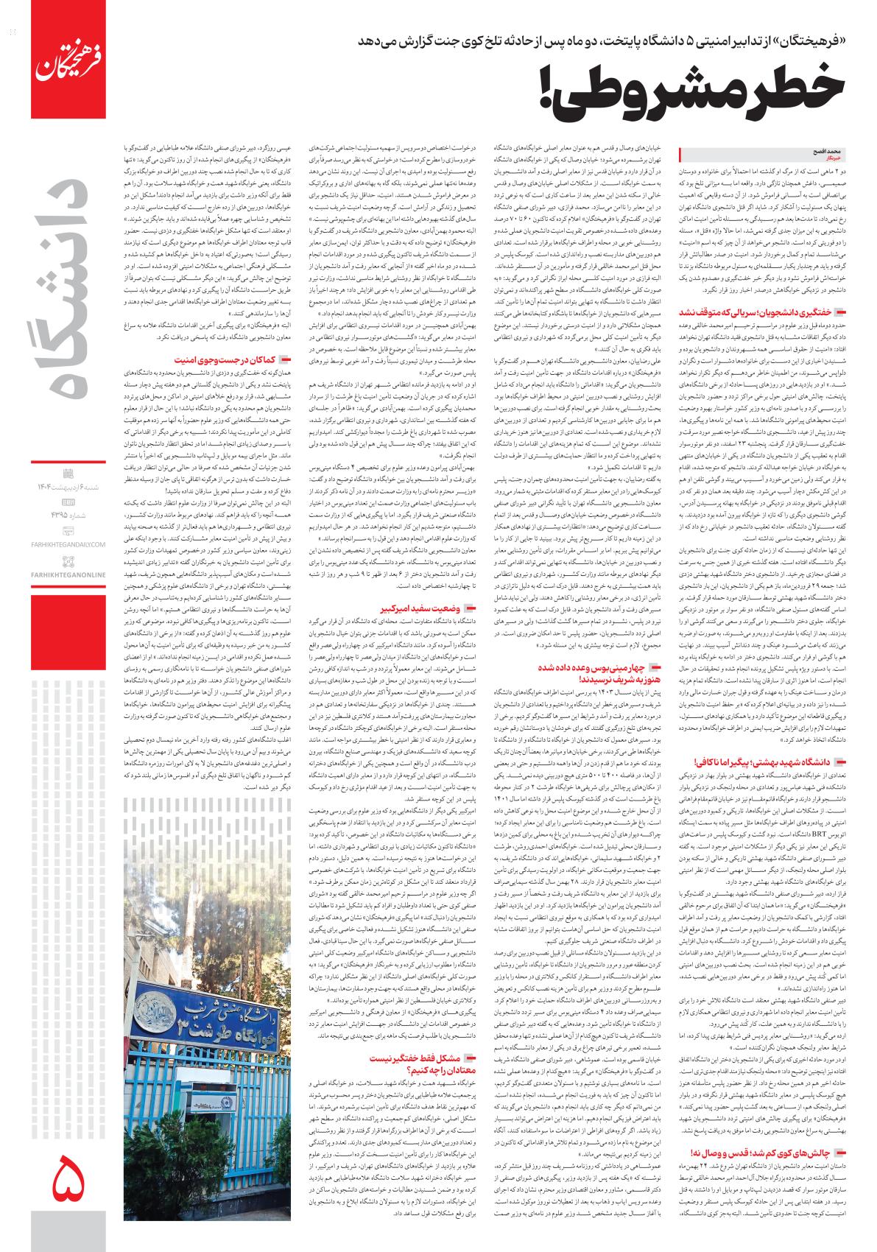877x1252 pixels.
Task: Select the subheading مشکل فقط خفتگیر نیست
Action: click(x=417, y=1057)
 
